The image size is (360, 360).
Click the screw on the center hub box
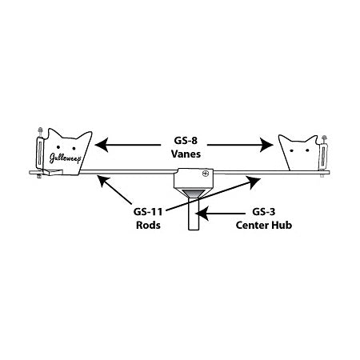(205, 174)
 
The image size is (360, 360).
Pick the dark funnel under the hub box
(192, 194)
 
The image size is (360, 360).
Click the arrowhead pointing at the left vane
(99, 145)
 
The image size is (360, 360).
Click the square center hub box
(192, 178)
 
